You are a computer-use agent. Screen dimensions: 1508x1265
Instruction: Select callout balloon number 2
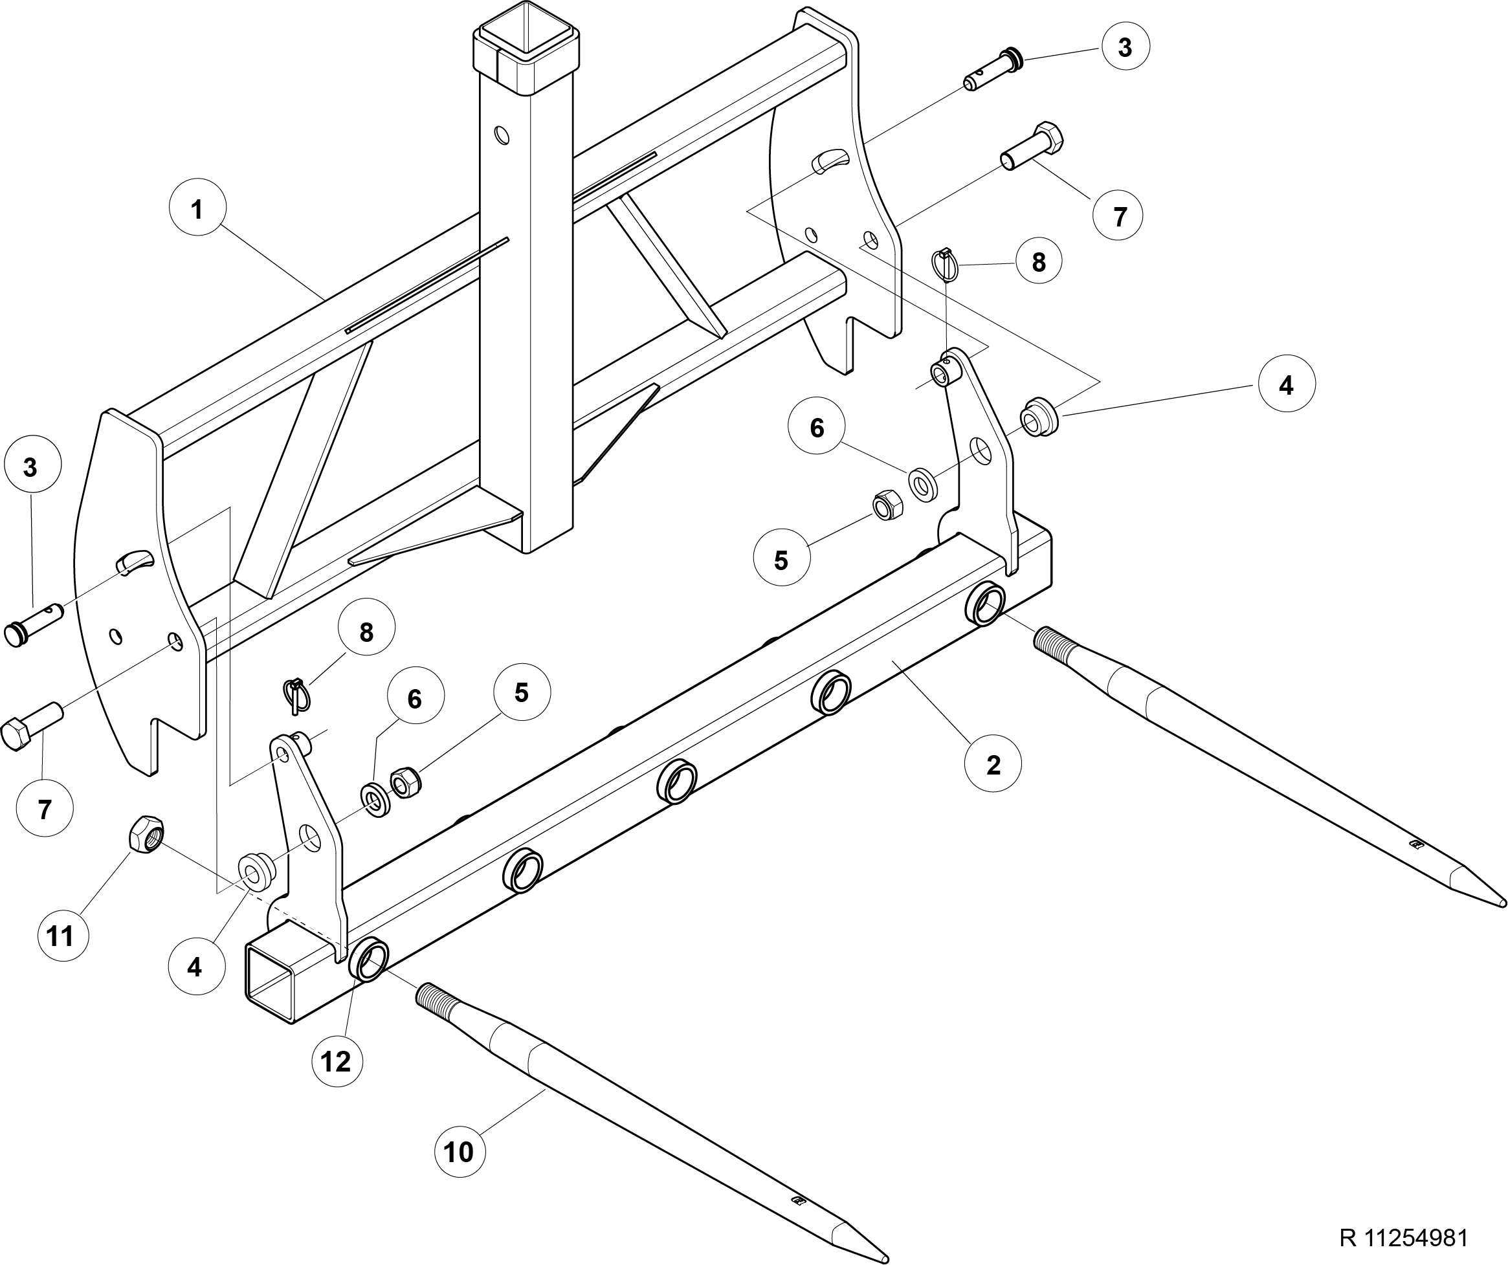(x=993, y=764)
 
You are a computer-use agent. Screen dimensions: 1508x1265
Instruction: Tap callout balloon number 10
(x=460, y=1151)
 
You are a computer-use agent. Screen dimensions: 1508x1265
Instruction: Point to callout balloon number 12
(x=337, y=1061)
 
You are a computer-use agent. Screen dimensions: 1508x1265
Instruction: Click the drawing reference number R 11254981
(x=1403, y=1238)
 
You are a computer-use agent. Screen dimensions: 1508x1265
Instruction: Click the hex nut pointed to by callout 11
(x=146, y=833)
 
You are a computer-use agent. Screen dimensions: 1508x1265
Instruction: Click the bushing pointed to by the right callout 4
(x=1039, y=415)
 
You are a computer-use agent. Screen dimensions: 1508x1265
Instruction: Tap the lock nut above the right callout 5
(x=886, y=505)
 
